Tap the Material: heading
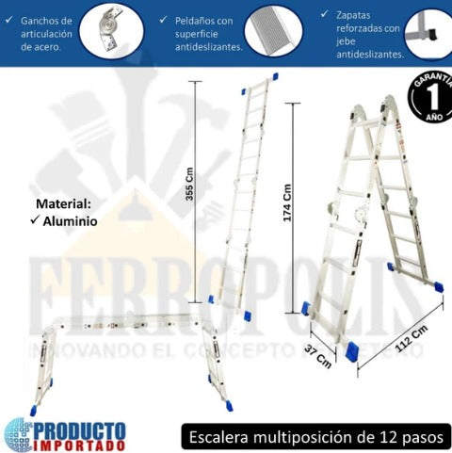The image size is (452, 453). click(64, 202)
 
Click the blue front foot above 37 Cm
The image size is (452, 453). click(351, 351)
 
